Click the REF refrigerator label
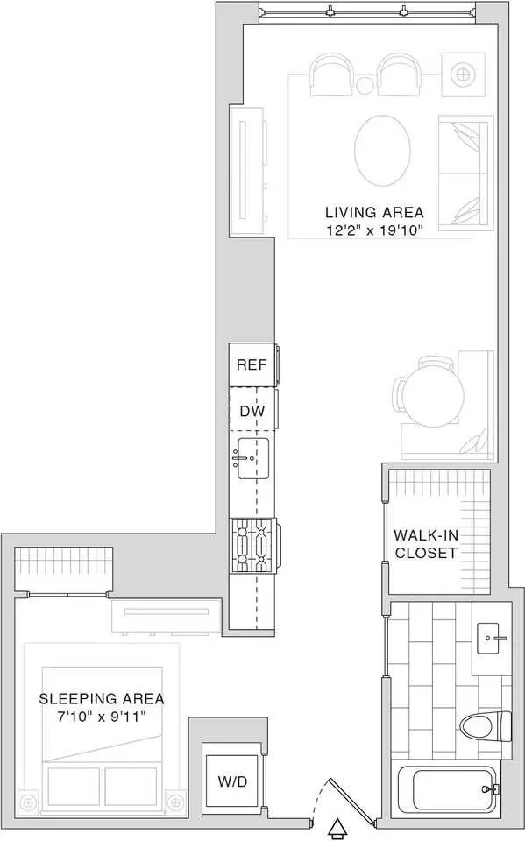[252, 365]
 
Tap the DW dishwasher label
[252, 412]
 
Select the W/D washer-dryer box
[233, 781]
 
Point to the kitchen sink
[252, 458]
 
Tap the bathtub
[454, 790]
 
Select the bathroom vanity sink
[493, 638]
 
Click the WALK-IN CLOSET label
[424, 544]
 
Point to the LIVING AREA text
[374, 212]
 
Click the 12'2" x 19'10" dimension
[374, 231]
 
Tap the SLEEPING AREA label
[102, 699]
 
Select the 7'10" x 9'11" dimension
[102, 717]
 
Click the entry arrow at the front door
[337, 830]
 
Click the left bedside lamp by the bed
[27, 802]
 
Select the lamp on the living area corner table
[461, 74]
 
